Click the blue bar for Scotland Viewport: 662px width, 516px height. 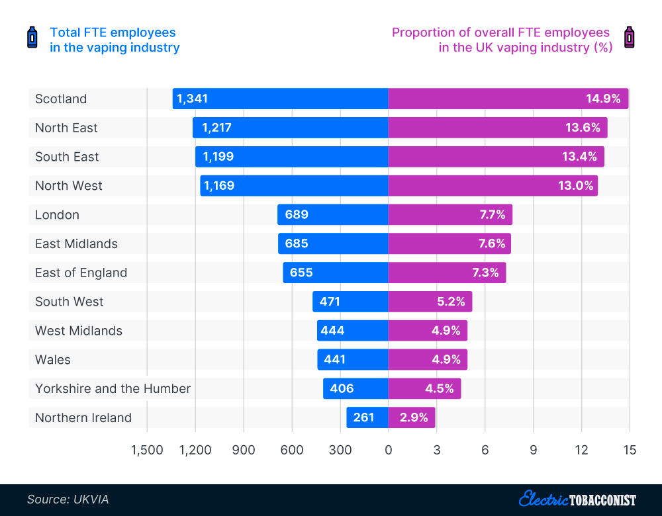[x=281, y=99]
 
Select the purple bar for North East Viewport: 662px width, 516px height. [x=497, y=128]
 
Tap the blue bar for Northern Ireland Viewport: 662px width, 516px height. [x=367, y=417]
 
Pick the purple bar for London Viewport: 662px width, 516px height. [x=450, y=214]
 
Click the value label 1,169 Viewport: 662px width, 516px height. [x=218, y=186]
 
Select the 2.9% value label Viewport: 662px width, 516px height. [x=414, y=417]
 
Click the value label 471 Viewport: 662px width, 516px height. [x=330, y=302]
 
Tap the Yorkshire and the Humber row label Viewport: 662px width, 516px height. [x=113, y=388]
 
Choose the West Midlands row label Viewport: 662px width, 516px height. [x=79, y=331]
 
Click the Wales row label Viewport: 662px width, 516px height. [x=53, y=360]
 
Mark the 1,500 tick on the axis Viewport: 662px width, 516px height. [x=147, y=451]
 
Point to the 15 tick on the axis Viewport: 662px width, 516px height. [x=630, y=451]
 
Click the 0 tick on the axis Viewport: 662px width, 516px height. [x=388, y=451]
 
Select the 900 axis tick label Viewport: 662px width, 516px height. [x=244, y=451]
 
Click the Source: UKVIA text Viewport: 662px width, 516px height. [x=68, y=499]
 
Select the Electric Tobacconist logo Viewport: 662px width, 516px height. [x=577, y=499]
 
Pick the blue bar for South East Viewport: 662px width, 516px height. [x=291, y=157]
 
